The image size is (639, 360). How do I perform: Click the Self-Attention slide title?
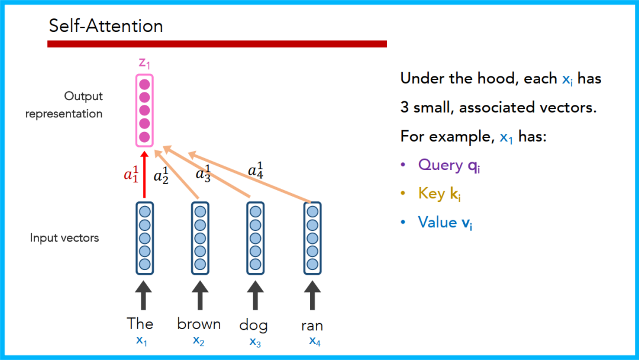[105, 26]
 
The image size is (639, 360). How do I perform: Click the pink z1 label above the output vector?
[144, 63]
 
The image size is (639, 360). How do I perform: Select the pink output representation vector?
[144, 111]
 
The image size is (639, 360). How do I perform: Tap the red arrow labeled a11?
[144, 175]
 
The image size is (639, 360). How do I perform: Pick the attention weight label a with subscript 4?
[256, 170]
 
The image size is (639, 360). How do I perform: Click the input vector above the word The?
[144, 238]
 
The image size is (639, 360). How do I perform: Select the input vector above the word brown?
[200, 238]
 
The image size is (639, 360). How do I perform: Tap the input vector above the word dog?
[256, 238]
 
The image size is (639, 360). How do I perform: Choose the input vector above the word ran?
[312, 238]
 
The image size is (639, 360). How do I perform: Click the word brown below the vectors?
[199, 324]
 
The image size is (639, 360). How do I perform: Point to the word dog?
[253, 325]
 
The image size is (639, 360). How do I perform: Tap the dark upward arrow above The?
[143, 294]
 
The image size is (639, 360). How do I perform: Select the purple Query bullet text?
[449, 165]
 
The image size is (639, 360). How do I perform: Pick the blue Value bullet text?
[445, 222]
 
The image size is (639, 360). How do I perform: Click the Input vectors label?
[64, 238]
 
